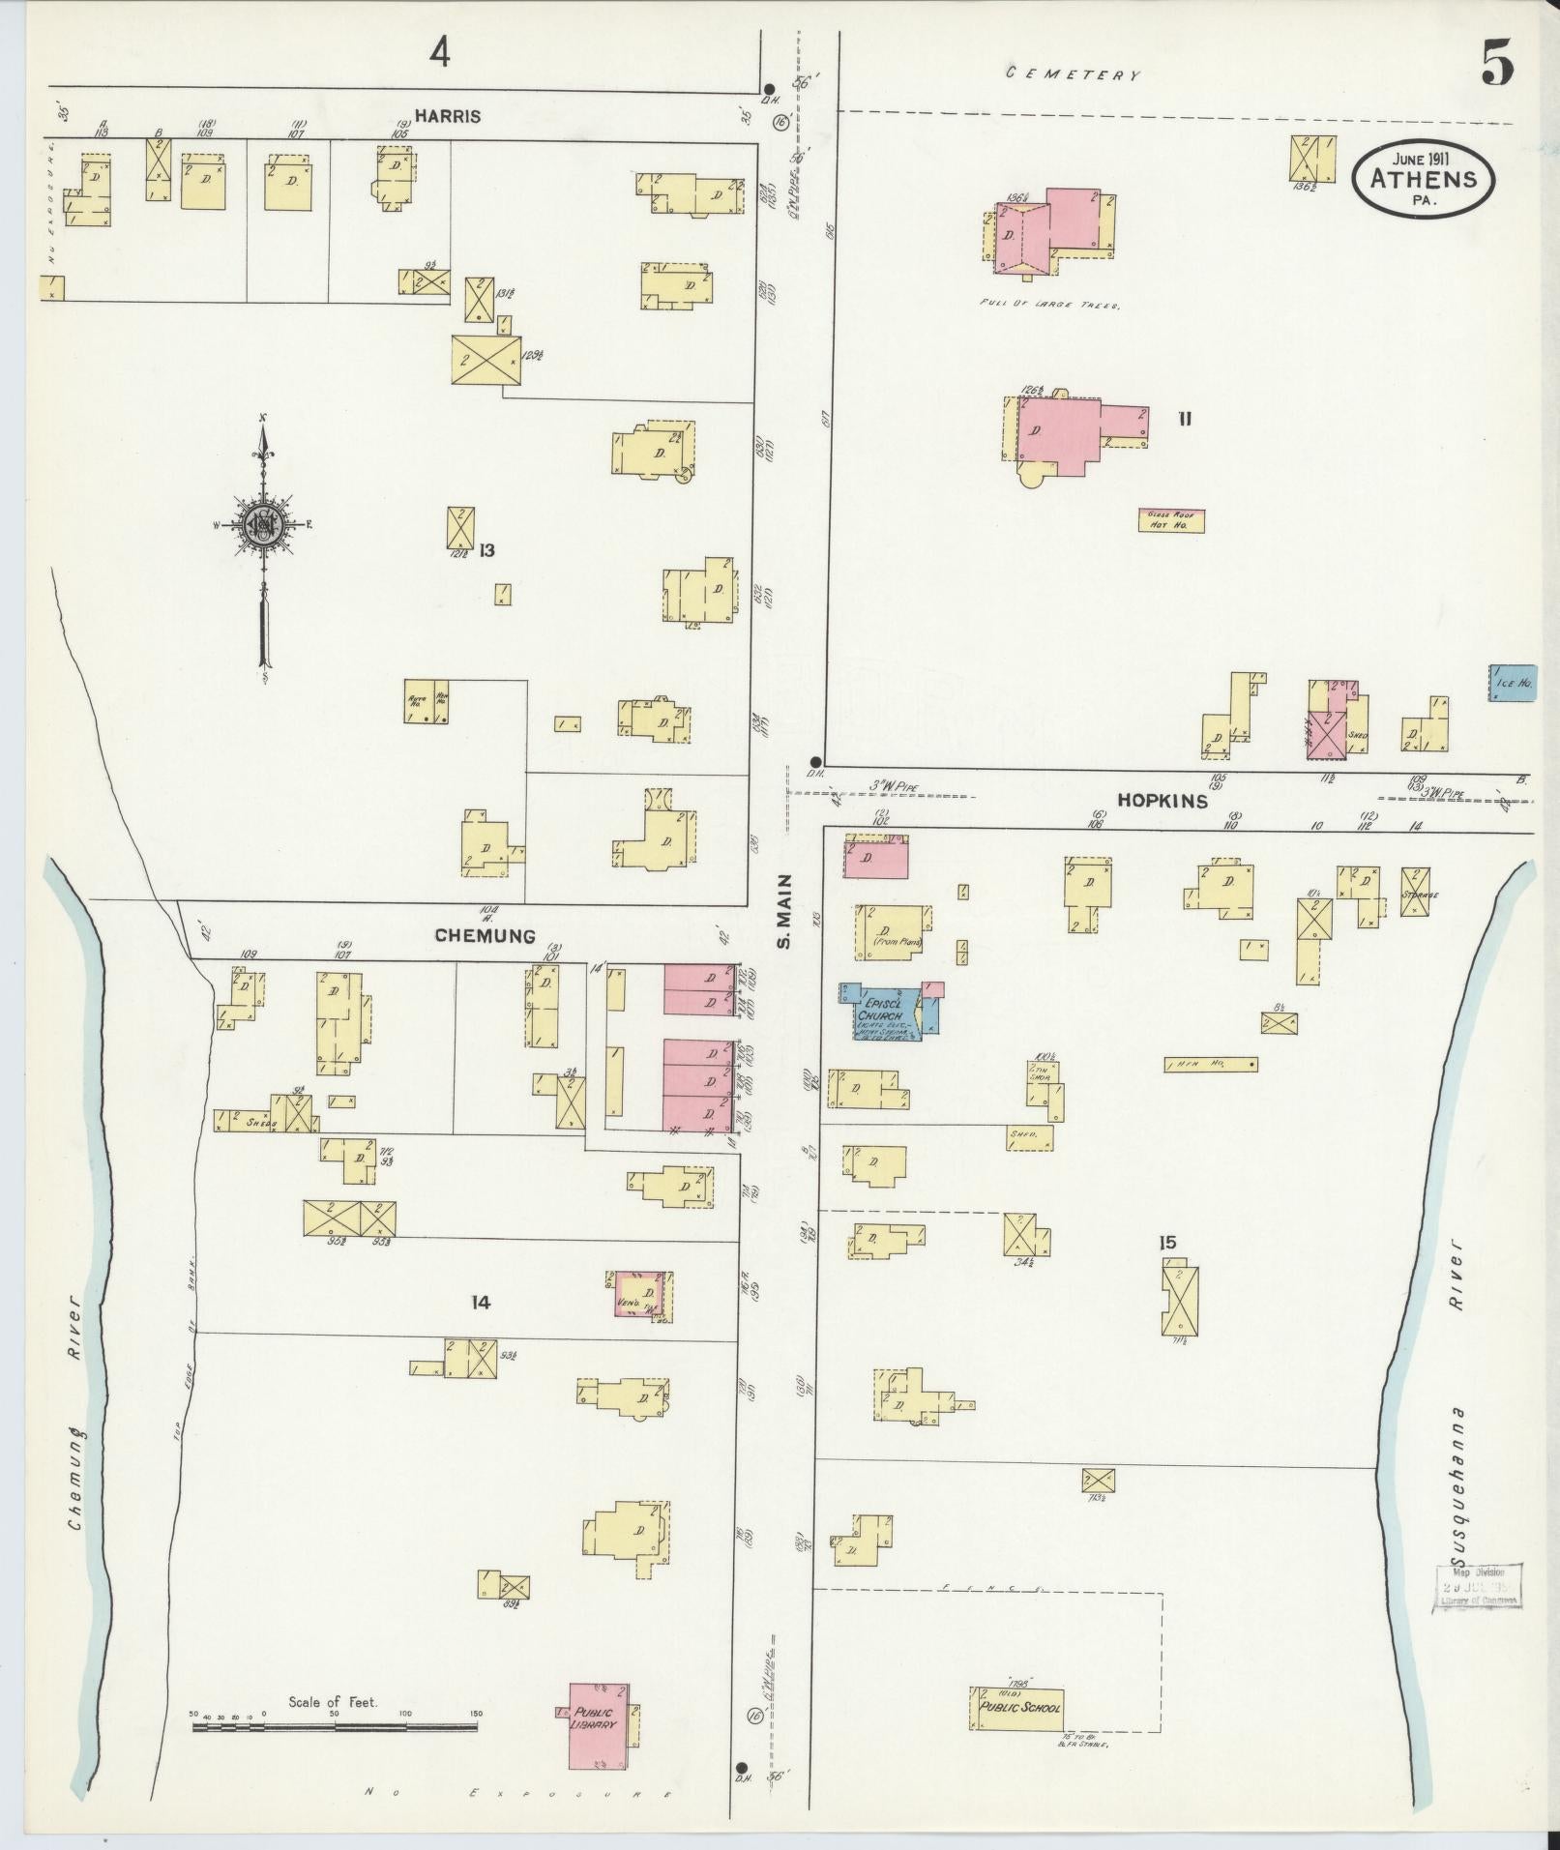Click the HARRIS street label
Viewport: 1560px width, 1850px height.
448,116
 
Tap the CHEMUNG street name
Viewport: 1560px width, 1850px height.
485,936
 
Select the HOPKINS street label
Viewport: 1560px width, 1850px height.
1163,801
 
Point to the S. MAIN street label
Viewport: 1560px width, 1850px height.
785,910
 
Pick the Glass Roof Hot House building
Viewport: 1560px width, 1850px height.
1169,520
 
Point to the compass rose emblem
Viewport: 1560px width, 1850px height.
262,525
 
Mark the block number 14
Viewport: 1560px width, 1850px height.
480,1303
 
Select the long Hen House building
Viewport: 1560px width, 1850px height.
1210,1064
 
